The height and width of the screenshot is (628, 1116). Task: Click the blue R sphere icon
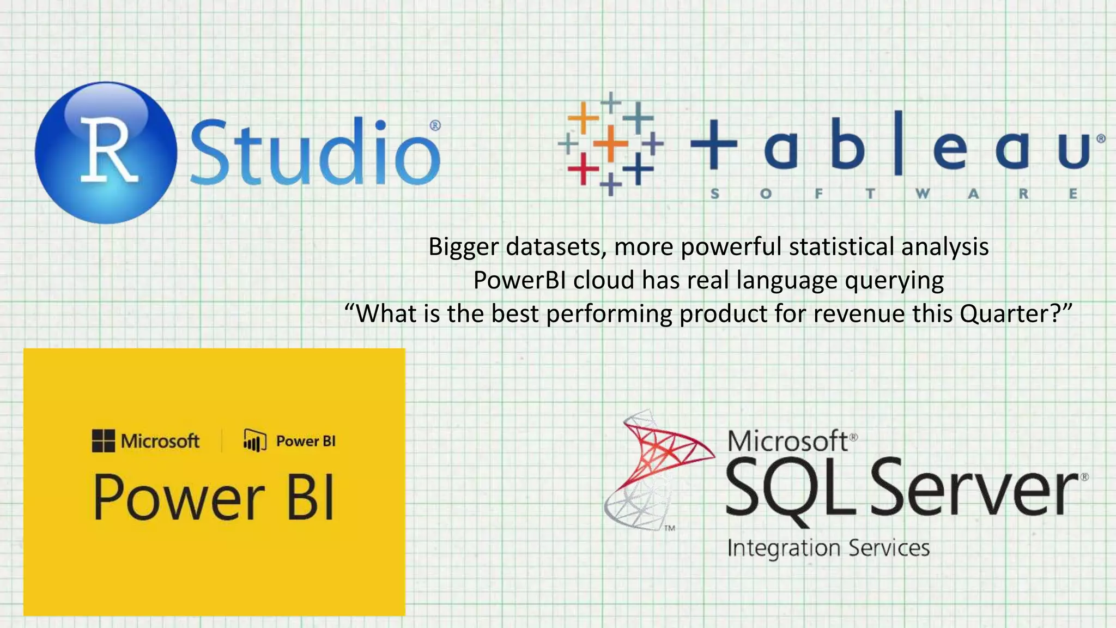[106, 153]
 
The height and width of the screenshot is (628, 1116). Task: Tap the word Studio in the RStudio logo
[315, 153]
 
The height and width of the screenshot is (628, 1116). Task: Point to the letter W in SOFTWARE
[922, 194]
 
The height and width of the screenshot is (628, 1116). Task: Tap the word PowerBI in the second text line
[520, 280]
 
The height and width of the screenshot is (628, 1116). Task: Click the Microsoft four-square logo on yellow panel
[104, 440]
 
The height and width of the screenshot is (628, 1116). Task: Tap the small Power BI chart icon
[254, 440]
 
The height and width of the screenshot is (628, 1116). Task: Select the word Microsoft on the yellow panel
[160, 440]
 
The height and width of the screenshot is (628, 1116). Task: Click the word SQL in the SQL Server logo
[790, 488]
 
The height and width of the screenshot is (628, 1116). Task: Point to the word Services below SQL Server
[889, 547]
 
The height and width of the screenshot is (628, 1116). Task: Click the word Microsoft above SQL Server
[788, 440]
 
